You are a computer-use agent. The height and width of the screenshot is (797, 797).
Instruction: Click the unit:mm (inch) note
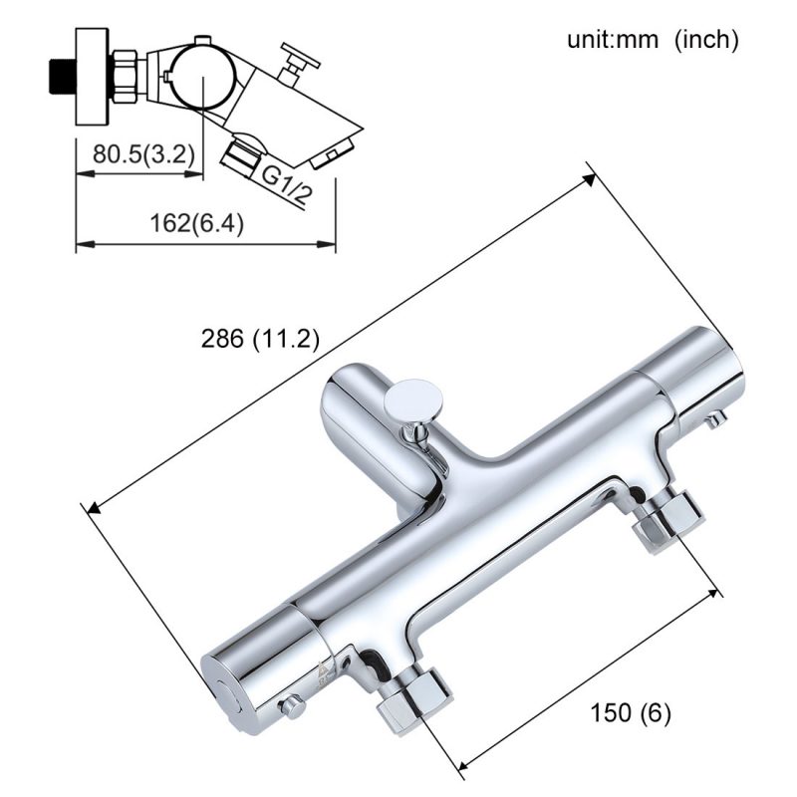653,40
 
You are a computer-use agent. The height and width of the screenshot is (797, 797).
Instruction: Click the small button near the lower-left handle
292,706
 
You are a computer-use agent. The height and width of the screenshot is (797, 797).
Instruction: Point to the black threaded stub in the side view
61,76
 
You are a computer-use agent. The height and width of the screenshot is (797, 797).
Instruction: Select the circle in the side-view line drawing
201,77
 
